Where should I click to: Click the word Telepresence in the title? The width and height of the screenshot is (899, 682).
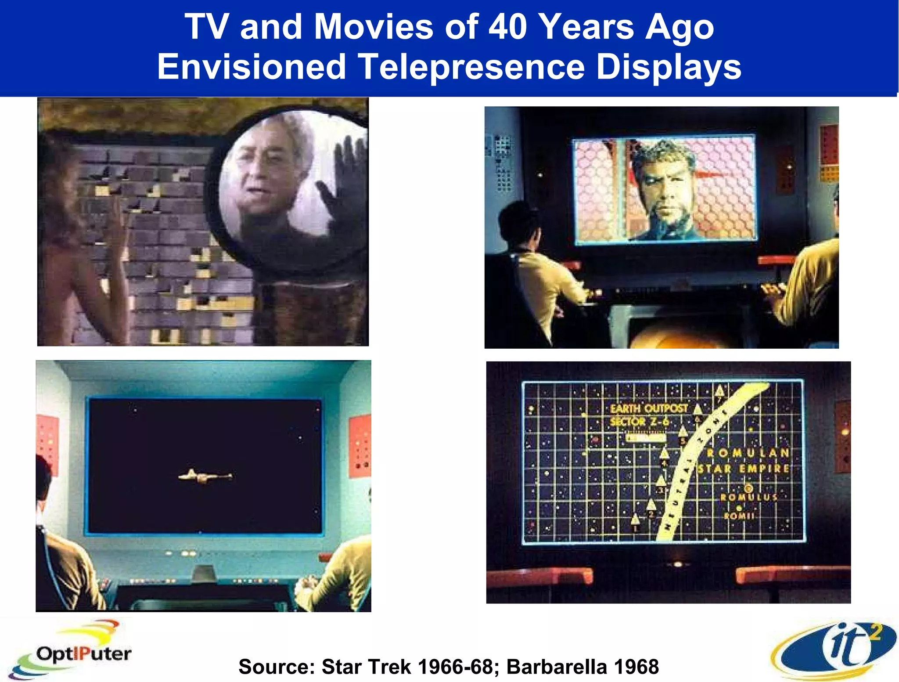point(471,67)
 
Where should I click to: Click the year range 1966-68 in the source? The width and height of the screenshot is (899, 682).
point(456,667)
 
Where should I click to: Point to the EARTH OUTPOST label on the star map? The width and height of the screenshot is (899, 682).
point(649,408)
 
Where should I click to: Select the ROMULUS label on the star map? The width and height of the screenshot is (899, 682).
point(749,497)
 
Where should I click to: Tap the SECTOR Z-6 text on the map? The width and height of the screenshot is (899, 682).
point(640,422)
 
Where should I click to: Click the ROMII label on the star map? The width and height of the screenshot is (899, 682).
point(739,516)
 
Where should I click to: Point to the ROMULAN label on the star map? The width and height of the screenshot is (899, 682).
point(748,453)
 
